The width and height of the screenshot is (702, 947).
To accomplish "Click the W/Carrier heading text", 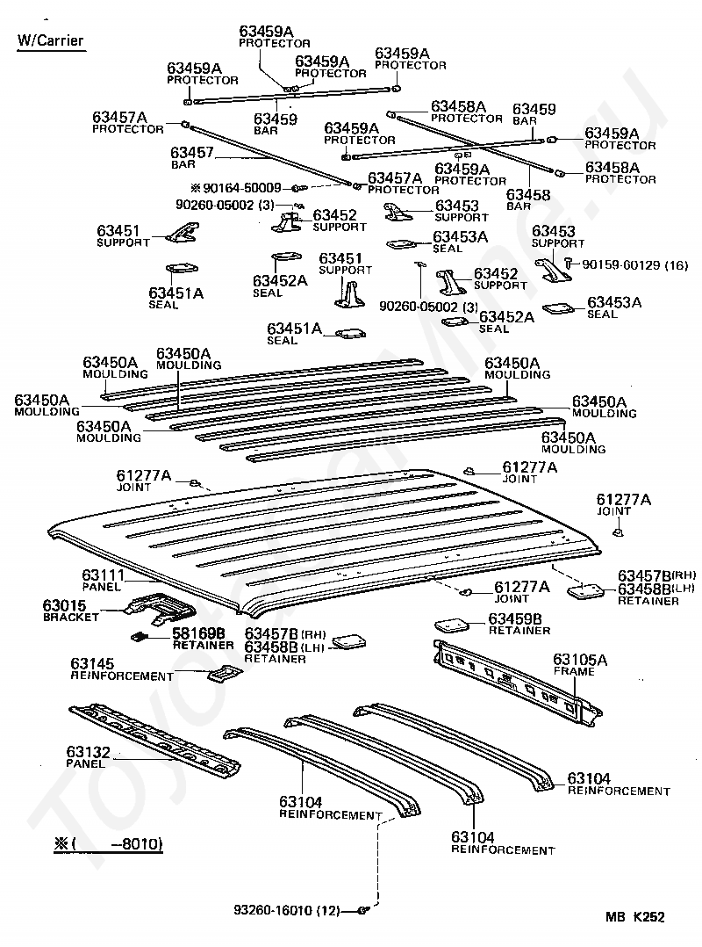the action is click(51, 40).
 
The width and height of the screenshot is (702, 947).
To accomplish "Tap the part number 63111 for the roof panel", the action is click(104, 575).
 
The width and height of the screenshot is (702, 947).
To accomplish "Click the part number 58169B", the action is click(199, 633).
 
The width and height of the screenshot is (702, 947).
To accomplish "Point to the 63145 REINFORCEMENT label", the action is click(122, 669).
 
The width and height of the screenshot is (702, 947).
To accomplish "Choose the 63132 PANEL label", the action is click(88, 756).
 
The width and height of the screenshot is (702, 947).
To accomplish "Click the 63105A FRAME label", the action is click(580, 664).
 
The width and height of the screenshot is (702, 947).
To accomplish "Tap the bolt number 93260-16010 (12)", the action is click(286, 910).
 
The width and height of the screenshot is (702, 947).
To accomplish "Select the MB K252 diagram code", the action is click(635, 917).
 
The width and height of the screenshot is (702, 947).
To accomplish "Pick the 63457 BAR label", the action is click(192, 157).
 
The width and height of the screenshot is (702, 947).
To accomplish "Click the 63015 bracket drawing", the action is click(160, 607).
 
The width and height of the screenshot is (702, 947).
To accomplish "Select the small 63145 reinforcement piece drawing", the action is click(223, 674).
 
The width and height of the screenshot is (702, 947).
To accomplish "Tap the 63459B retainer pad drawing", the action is click(455, 625).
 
